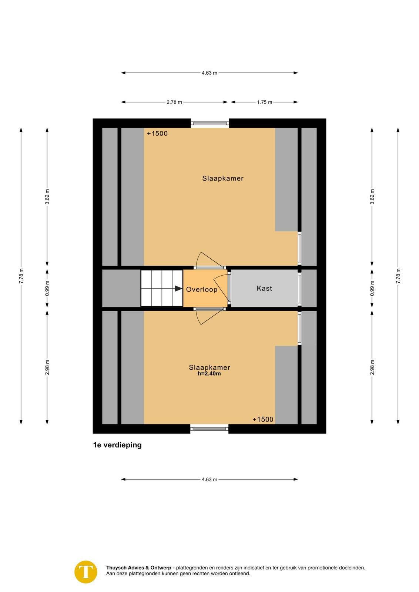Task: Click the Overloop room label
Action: click(202, 289)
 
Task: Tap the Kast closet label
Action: click(264, 288)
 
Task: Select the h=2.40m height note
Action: click(209, 373)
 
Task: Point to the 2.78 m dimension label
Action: click(174, 102)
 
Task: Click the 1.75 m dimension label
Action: click(265, 102)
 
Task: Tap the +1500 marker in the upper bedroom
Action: click(157, 134)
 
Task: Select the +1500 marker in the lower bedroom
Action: click(263, 420)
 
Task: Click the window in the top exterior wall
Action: click(210, 123)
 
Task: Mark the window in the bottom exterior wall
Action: click(209, 429)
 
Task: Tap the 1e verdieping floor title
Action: click(117, 445)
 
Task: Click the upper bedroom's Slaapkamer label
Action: click(223, 178)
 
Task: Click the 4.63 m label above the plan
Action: click(209, 73)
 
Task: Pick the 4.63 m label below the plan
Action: click(209, 480)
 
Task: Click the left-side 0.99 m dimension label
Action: click(47, 288)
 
